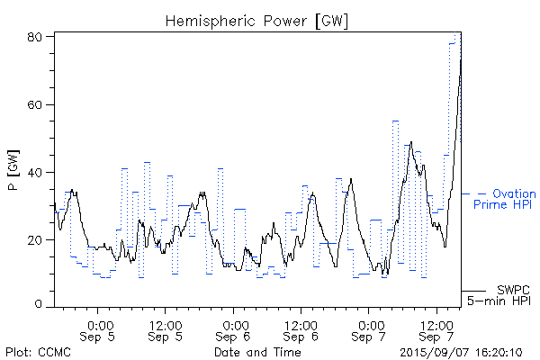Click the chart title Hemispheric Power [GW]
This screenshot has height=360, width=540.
(256, 20)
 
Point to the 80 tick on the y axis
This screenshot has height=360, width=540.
(36, 37)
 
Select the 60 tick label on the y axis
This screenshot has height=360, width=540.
(36, 104)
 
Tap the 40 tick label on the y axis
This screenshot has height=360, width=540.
(36, 172)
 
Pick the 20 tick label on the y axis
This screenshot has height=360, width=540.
(36, 239)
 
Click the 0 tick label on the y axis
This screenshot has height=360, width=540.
(40, 305)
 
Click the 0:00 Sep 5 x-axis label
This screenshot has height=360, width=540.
(99, 330)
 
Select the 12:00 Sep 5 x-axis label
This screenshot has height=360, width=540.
(166, 330)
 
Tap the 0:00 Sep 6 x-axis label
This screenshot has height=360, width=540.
(234, 330)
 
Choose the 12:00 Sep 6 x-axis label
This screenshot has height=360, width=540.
(301, 330)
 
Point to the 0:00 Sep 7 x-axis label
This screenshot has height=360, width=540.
(370, 330)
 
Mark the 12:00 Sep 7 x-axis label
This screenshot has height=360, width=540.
(437, 330)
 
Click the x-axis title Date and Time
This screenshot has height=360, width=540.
(257, 351)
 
